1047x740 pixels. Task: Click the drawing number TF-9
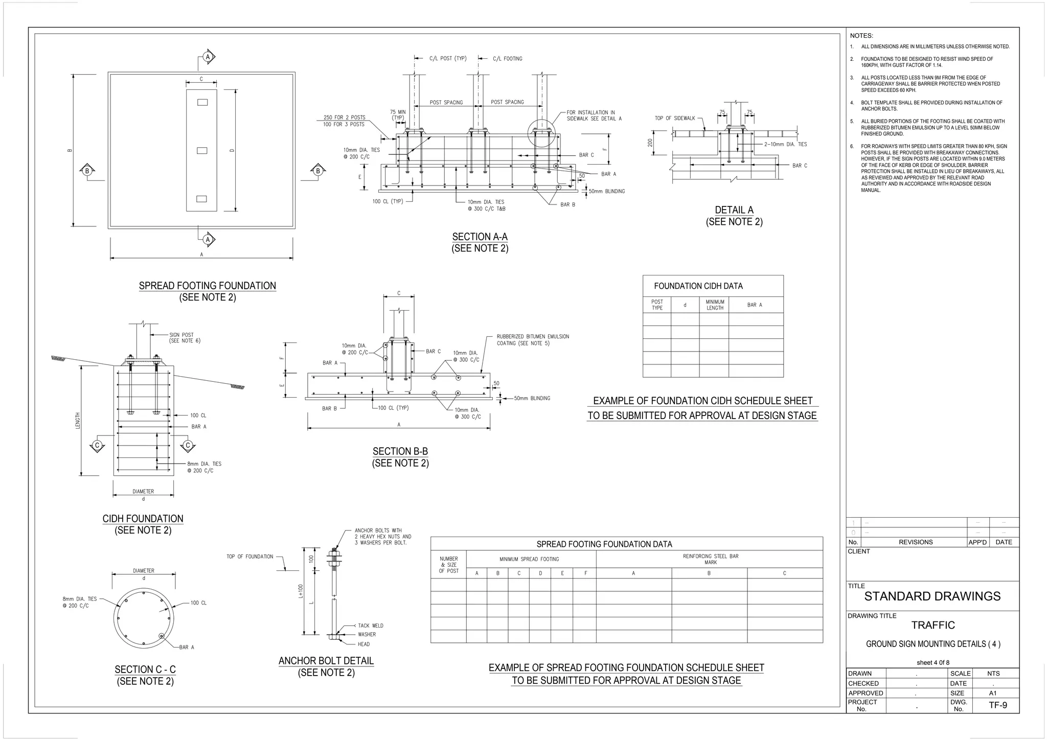pos(997,705)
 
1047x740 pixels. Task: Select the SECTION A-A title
pos(480,237)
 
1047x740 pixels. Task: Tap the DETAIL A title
pos(734,210)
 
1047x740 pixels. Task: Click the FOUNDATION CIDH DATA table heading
pos(698,286)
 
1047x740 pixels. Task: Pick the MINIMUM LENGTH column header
pos(715,305)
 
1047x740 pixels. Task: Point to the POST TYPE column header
pos(657,305)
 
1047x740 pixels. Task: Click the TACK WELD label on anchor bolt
pos(370,626)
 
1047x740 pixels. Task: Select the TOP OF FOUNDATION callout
pos(250,557)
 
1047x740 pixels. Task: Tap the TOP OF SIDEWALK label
pos(675,119)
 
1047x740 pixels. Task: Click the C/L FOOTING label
pos(507,59)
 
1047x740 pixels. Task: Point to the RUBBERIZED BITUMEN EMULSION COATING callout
pos(532,340)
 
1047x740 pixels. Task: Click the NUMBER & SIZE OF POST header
pos(448,565)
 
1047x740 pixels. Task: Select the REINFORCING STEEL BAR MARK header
pos(710,559)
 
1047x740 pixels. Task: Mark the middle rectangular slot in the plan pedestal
pos(202,150)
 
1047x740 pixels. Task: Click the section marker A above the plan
pos(208,57)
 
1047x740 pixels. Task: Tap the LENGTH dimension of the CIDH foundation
pos(78,421)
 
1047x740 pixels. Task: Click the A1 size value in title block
pos(993,693)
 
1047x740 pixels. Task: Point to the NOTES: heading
pos(861,36)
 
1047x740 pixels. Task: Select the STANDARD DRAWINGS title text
pos(932,596)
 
